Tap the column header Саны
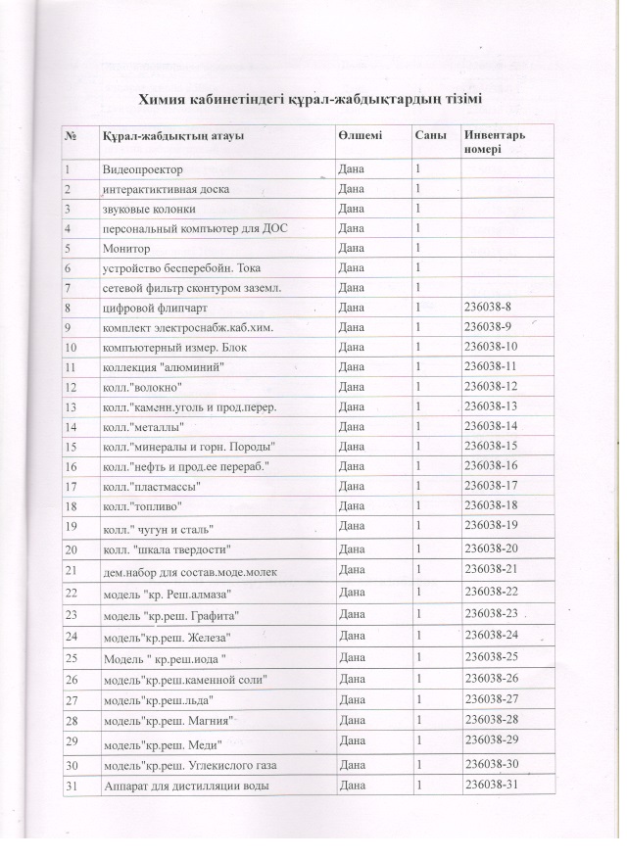pyautogui.click(x=428, y=134)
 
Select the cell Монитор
pyautogui.click(x=124, y=249)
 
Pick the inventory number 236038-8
pyautogui.click(x=492, y=308)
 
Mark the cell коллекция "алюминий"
pyautogui.click(x=158, y=367)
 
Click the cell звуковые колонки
pyautogui.click(x=149, y=210)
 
